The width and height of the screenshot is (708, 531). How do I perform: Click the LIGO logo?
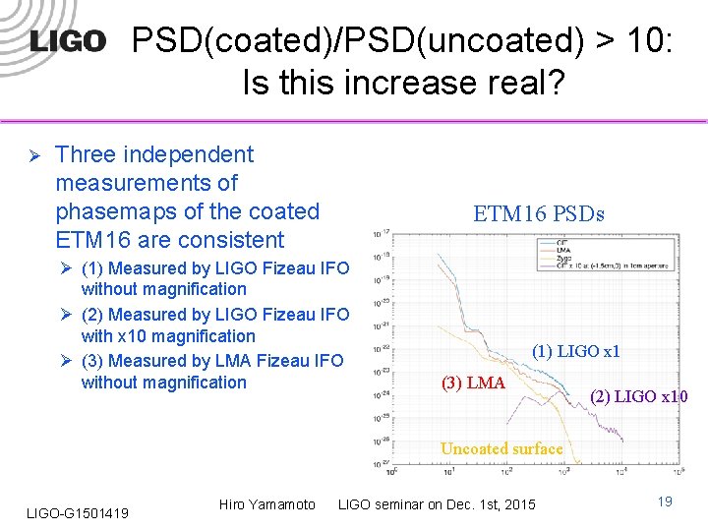pos(67,40)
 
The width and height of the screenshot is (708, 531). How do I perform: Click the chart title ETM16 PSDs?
pos(538,214)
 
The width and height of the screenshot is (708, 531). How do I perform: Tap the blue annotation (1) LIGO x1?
pos(575,351)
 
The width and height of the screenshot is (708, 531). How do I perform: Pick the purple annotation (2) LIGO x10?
pos(638,397)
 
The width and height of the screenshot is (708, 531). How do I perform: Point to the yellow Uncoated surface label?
pos(501,448)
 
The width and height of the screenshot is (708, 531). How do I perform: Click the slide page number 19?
pos(665,502)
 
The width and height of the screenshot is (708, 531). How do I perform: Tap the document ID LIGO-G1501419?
pos(76,510)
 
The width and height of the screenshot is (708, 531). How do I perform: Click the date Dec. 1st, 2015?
pos(490,504)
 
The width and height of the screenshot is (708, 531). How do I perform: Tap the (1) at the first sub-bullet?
pos(93,268)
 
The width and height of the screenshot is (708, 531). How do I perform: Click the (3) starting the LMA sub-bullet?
pos(93,361)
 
